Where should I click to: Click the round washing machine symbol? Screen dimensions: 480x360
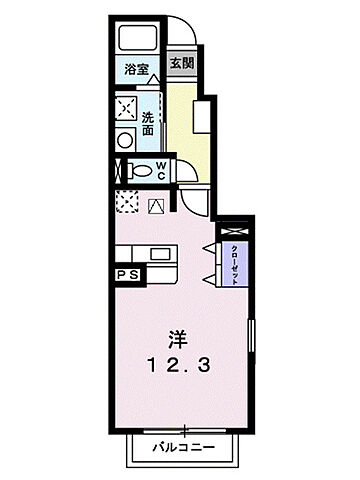pyautogui.click(x=127, y=139)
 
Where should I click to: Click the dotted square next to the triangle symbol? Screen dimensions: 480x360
pyautogui.click(x=127, y=204)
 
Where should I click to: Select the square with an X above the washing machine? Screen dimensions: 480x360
pyautogui.click(x=127, y=108)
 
